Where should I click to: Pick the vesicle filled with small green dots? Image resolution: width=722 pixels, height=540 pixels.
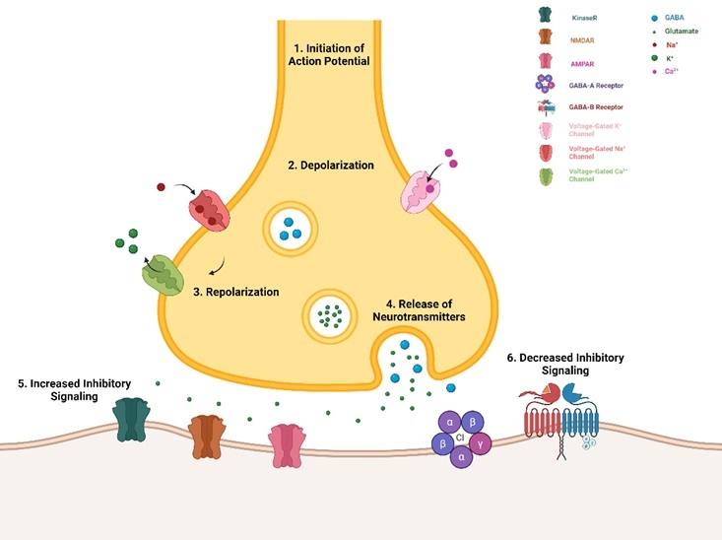point(332,314)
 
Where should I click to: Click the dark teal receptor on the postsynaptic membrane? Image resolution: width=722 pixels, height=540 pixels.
point(131,421)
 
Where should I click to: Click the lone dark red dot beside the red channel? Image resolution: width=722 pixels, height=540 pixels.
point(161,186)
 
